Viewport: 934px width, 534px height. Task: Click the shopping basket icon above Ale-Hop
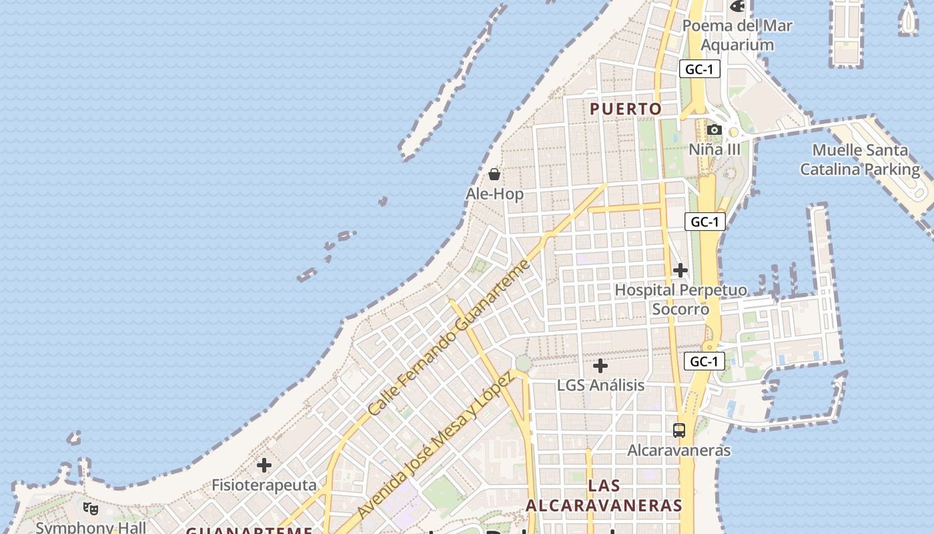494,174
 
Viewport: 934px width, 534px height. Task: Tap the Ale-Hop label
494,194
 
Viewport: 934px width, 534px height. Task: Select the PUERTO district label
626,109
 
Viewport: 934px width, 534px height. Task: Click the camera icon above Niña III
715,129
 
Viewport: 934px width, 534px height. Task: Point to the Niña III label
715,149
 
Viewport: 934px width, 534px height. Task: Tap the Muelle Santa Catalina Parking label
860,160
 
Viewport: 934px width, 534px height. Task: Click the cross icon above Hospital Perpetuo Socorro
680,270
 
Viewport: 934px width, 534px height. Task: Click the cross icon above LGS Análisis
600,366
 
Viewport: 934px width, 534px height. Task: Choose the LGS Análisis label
600,385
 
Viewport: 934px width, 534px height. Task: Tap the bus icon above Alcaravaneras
679,431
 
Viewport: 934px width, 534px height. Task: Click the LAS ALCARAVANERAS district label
604,495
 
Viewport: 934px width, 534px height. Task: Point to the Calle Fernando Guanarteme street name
450,336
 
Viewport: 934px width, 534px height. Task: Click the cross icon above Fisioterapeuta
264,465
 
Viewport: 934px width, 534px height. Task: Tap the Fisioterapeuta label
264,485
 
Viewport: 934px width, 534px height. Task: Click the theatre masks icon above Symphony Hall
91,509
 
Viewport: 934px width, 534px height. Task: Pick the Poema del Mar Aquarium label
737,35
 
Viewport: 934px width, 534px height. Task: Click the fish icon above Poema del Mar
737,7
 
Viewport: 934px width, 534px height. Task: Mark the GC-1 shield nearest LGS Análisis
704,362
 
